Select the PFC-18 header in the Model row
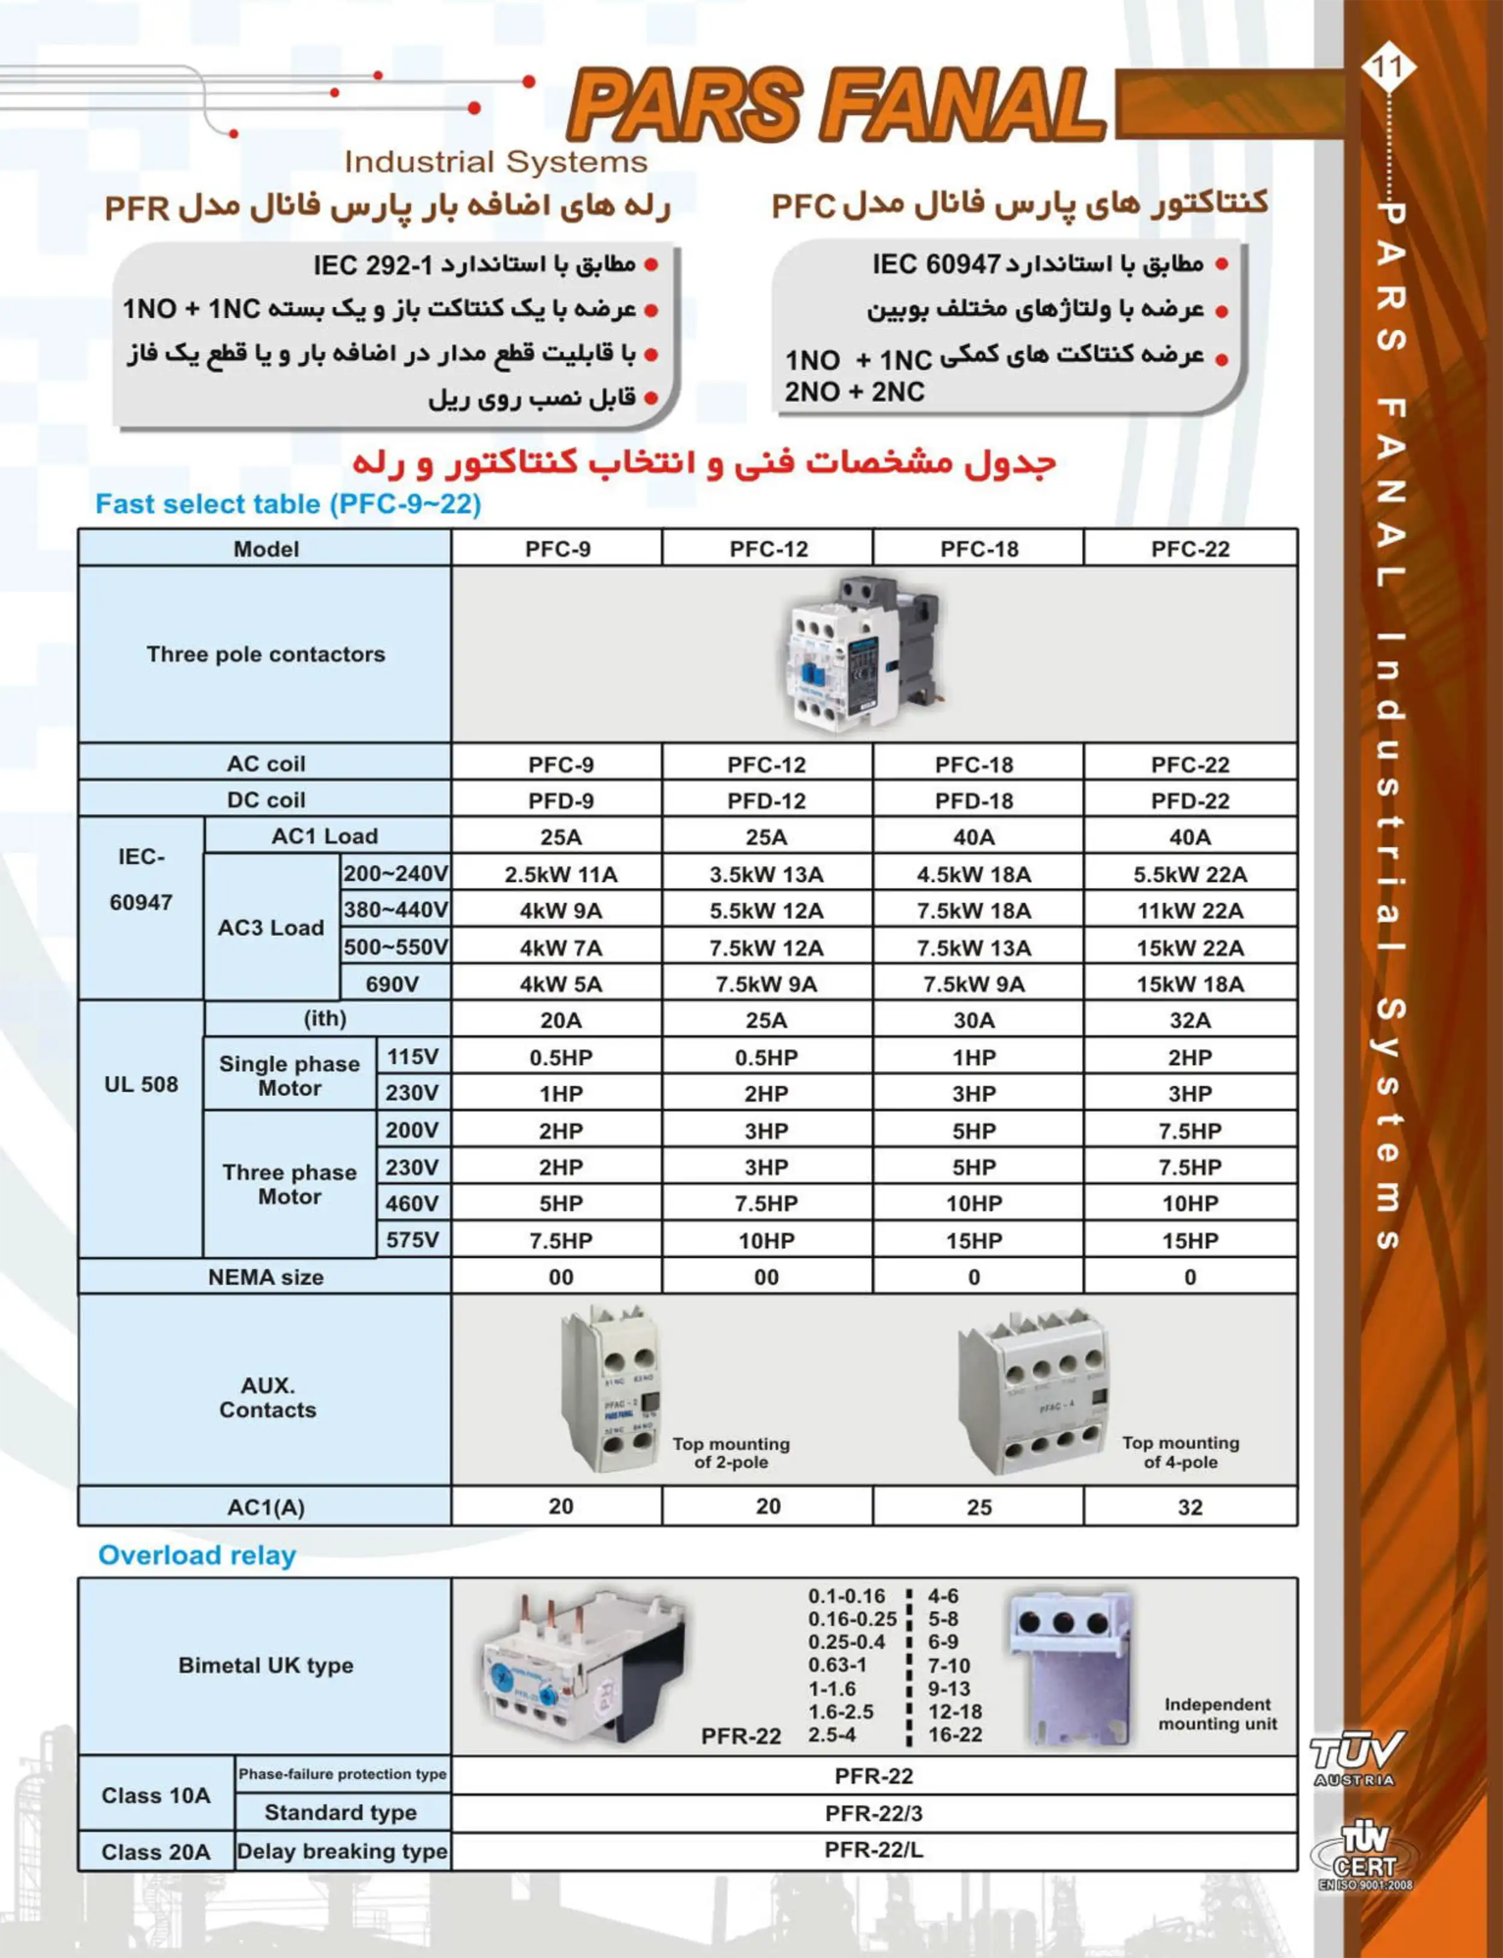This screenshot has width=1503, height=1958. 979,548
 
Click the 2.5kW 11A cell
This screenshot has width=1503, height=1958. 560,874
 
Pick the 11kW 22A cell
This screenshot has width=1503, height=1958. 1190,911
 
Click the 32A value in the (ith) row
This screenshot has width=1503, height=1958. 1190,1020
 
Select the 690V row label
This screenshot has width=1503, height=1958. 392,984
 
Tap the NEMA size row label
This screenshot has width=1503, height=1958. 266,1277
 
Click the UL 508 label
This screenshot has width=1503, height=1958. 141,1085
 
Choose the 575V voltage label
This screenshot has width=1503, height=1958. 412,1241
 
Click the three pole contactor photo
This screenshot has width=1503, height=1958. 863,655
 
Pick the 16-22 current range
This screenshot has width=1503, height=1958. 955,1735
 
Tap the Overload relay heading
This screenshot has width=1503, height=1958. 197,1555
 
